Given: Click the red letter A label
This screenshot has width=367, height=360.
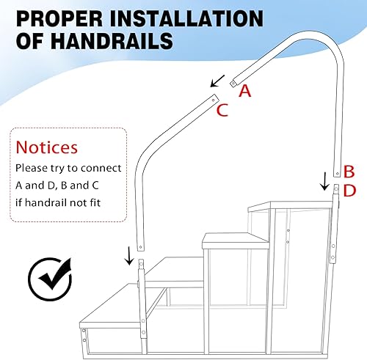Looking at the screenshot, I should [x=245, y=89].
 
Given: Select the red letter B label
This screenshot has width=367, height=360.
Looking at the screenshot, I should [x=349, y=172].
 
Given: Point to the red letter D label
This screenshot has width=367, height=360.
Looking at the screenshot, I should [x=349, y=191].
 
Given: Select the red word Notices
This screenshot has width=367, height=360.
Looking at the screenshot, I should [x=47, y=147].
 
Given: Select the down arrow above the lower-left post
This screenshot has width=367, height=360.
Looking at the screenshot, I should [x=130, y=256].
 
